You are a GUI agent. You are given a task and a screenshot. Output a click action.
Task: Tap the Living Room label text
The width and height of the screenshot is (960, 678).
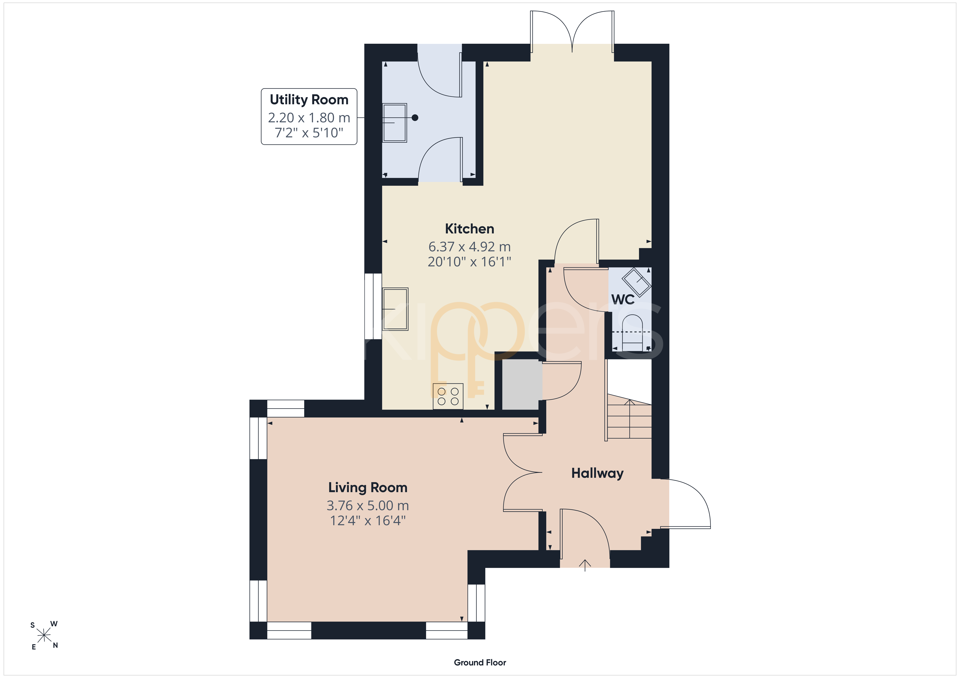click(368, 487)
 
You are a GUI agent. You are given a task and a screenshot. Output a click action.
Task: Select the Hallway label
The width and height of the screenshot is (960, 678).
click(598, 473)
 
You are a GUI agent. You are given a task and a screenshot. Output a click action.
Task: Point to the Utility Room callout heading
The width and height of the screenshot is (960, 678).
click(309, 100)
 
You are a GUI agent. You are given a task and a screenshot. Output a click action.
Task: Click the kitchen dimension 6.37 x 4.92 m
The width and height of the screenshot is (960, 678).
click(470, 247)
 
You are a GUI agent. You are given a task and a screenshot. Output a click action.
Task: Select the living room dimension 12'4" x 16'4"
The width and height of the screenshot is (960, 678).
click(368, 521)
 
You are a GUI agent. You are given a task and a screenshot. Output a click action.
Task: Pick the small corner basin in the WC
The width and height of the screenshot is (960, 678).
click(636, 282)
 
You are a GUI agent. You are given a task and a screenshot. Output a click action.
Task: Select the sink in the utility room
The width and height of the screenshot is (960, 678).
click(395, 123)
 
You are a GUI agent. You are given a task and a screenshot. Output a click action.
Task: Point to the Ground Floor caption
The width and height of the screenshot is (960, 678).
click(480, 663)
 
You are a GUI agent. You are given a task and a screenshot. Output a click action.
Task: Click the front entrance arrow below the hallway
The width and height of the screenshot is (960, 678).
click(585, 565)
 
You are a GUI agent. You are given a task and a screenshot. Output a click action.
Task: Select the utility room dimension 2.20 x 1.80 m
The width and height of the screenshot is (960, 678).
click(309, 118)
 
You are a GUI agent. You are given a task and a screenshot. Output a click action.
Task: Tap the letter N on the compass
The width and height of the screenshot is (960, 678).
click(55, 645)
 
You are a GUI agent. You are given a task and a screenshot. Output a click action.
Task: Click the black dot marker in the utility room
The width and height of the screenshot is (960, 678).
click(415, 118)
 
